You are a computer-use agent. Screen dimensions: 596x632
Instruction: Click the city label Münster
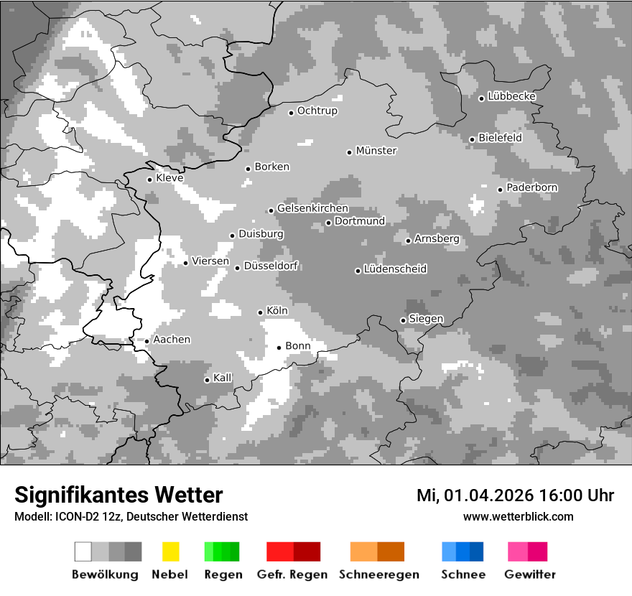(376, 151)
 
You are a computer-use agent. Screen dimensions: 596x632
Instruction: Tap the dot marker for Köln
(261, 312)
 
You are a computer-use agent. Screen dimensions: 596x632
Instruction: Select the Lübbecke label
(512, 96)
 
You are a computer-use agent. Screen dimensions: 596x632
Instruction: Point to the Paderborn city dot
(501, 190)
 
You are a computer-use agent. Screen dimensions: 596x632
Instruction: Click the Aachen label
(172, 340)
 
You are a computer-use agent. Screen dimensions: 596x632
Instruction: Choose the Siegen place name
(426, 319)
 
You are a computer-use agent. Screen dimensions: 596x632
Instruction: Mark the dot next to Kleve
(149, 180)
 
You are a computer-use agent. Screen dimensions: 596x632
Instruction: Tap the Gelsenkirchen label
(312, 208)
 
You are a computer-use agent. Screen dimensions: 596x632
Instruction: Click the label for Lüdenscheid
(395, 269)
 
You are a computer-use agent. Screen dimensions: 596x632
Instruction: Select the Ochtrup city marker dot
(292, 113)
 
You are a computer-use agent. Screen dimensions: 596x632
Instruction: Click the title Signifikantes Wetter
(118, 495)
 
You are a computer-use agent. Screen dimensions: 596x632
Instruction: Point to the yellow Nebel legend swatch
(170, 551)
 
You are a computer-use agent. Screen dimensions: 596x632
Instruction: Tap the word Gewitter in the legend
(530, 574)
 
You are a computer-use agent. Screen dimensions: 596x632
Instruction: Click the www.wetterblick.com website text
(518, 516)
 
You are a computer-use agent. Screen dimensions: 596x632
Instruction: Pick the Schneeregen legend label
(378, 574)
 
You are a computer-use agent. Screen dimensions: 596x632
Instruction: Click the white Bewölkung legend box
(83, 551)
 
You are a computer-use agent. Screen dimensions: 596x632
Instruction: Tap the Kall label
(223, 378)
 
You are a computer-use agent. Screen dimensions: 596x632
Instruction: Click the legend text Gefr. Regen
(292, 574)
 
